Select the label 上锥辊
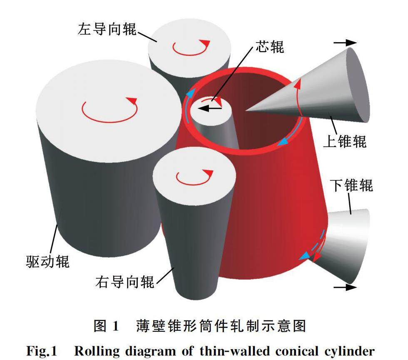tap(345, 141)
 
